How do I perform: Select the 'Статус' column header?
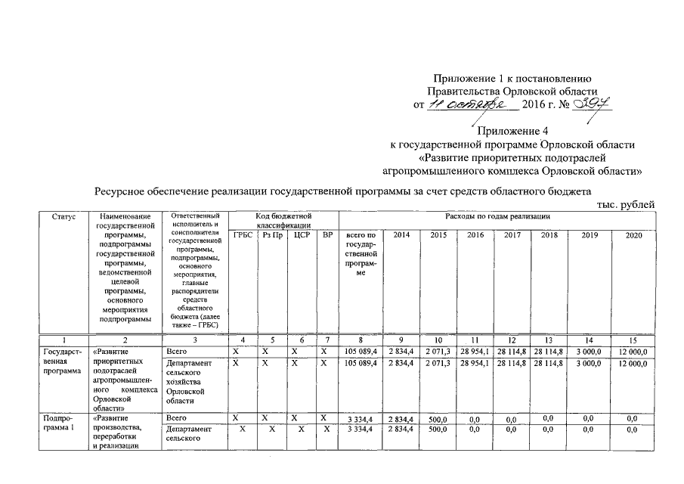pyautogui.click(x=63, y=217)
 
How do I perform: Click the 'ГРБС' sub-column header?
pyautogui.click(x=243, y=235)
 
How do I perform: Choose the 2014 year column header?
pyautogui.click(x=401, y=235)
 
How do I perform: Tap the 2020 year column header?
pyautogui.click(x=633, y=235)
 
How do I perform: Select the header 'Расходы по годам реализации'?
pyautogui.click(x=495, y=217)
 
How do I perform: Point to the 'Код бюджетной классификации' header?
pyautogui.click(x=283, y=221)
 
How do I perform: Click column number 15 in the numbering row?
pyautogui.click(x=633, y=341)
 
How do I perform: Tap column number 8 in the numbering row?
pyautogui.click(x=361, y=341)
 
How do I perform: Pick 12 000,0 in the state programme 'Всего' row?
pyautogui.click(x=631, y=352)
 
